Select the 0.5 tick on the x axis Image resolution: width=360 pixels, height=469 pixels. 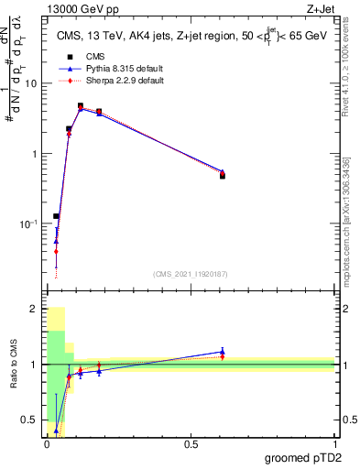tap(191, 443)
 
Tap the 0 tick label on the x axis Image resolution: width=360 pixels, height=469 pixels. tap(47, 443)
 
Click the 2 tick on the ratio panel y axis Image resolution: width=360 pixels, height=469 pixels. tap(34, 309)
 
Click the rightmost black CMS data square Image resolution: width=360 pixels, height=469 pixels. tap(223, 175)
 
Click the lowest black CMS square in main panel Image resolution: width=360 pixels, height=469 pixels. tap(56, 216)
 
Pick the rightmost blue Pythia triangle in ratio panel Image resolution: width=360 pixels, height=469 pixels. tap(223, 352)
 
